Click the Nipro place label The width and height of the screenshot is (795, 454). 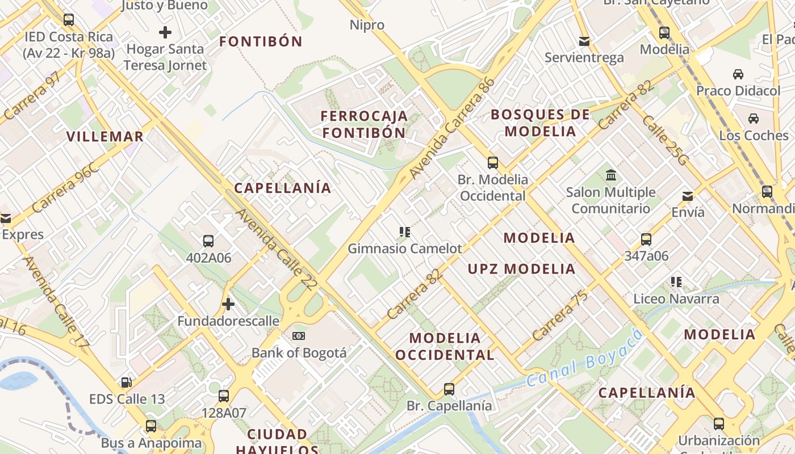367,25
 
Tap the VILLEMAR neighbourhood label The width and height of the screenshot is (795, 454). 105,137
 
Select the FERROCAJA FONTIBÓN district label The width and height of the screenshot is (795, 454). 364,124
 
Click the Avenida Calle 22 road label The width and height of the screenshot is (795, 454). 275,250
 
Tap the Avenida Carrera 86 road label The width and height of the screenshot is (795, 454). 452,128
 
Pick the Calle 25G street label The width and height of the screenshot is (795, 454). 664,141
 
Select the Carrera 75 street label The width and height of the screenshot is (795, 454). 560,316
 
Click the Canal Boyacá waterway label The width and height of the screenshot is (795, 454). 585,357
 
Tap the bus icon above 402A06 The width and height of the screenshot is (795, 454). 208,241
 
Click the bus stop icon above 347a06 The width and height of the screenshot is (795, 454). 646,239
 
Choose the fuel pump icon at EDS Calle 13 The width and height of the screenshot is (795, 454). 127,382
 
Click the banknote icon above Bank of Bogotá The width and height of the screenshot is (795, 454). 299,336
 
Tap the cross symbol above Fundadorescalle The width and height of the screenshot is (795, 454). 228,304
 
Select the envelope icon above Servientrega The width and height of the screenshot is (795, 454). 584,41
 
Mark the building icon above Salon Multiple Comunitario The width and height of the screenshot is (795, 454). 611,175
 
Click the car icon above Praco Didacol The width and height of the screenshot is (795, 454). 738,74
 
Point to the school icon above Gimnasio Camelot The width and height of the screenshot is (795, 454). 404,232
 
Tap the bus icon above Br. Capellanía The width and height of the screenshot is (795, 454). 449,389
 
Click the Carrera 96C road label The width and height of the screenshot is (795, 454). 66,188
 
